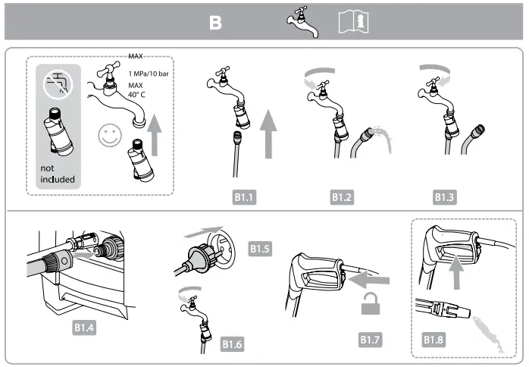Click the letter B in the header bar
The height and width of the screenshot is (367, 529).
point(216,24)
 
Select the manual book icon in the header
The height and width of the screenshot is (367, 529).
point(350,23)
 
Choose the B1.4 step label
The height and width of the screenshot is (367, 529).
point(86,328)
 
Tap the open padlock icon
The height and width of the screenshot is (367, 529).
point(372,307)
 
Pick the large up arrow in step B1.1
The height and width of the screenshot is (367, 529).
point(271,133)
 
